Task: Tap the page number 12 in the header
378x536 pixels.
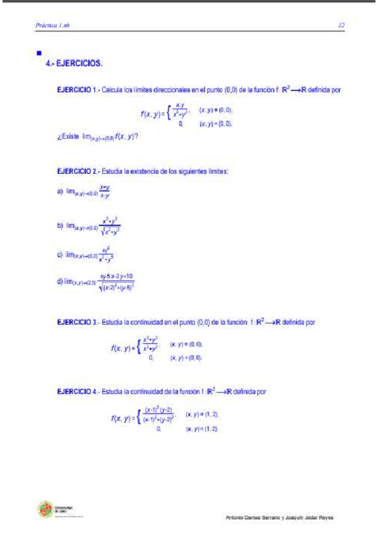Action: (x=340, y=26)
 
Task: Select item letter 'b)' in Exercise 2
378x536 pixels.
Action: (x=60, y=225)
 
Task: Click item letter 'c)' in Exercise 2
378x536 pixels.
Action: (x=60, y=255)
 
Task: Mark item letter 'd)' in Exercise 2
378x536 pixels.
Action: (x=60, y=282)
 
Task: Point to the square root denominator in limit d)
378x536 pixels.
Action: (x=117, y=287)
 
